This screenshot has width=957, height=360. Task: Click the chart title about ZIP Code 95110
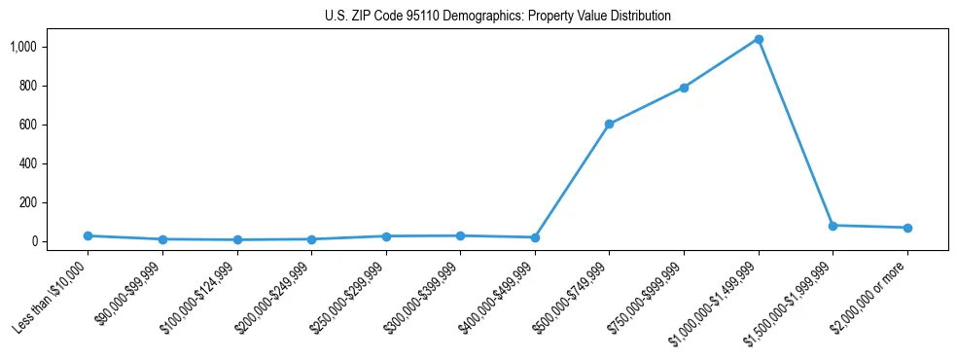pos(498,16)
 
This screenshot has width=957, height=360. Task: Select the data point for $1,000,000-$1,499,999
pos(759,40)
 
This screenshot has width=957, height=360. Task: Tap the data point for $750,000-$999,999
pos(684,88)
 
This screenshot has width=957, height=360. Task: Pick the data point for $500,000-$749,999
pos(609,124)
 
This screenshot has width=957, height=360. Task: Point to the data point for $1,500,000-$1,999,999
pos(833,226)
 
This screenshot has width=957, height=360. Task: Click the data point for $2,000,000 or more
pos(907,228)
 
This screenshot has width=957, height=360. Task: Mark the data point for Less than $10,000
pos(88,235)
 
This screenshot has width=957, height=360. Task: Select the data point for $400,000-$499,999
pos(535,237)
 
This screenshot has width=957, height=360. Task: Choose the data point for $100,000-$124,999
pos(237,239)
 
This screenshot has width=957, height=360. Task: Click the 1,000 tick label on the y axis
pos(23,47)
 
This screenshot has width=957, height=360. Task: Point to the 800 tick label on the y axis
pos(28,86)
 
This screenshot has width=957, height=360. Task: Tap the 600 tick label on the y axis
pos(28,125)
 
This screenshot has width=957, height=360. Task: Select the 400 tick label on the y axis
pos(28,163)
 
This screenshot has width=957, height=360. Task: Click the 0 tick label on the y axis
pos(34,241)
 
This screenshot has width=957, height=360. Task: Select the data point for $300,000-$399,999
pos(460,235)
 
